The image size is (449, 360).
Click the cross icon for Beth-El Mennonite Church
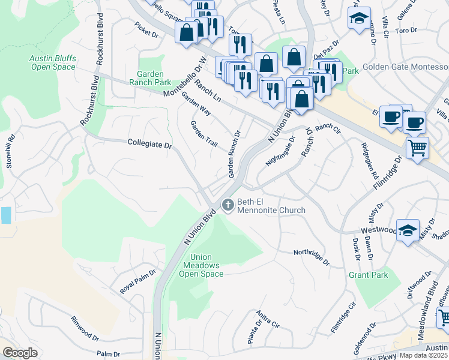[228, 205]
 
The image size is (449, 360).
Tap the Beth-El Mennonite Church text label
[271, 206]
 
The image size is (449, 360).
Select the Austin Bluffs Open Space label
[53, 63]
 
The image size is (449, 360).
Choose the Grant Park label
[368, 275]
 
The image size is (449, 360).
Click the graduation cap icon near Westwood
[408, 231]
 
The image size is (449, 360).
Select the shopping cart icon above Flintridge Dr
[417, 147]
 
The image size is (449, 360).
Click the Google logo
[20, 353]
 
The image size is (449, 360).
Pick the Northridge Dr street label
[312, 257]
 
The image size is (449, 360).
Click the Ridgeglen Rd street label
[370, 161]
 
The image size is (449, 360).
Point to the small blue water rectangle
[5, 215]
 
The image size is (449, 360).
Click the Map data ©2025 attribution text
[424, 355]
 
